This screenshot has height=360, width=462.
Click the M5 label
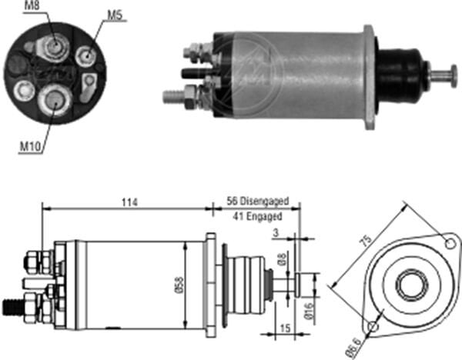tap(114, 14)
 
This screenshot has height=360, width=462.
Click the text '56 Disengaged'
tap(257, 201)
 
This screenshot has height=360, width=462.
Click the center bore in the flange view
tap(408, 285)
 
